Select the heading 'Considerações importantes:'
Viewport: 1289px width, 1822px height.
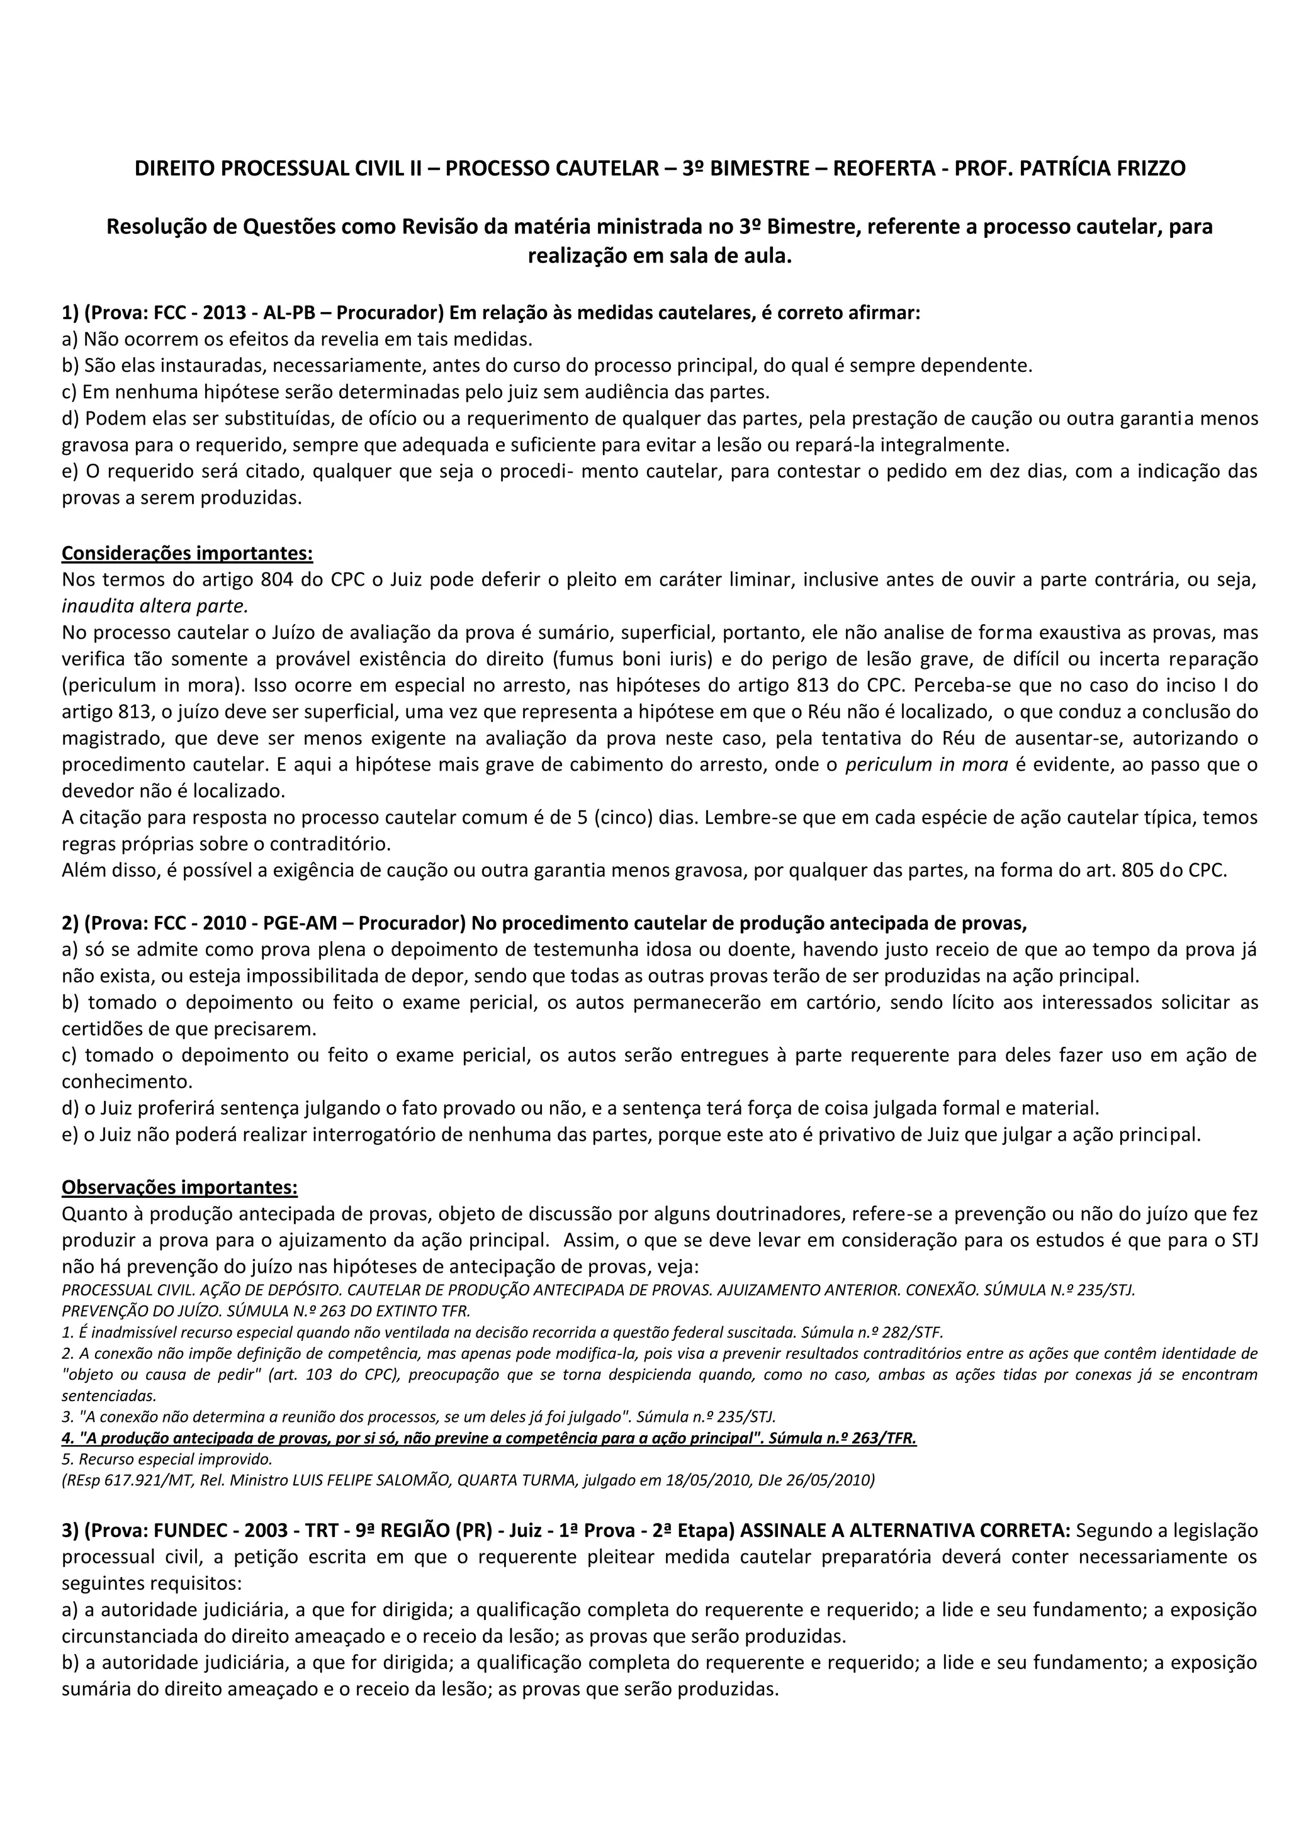[x=188, y=552]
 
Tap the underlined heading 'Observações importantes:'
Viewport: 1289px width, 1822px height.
[x=180, y=1187]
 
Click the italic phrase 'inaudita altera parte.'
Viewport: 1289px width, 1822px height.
[x=155, y=606]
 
